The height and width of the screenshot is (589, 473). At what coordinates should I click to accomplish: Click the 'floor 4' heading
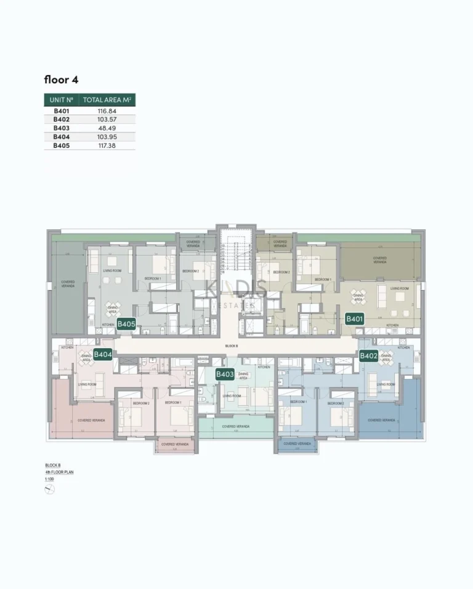[x=61, y=79]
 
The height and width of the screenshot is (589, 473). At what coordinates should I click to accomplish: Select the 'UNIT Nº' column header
[x=62, y=100]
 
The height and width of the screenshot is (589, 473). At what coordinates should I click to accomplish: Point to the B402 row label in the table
[x=61, y=120]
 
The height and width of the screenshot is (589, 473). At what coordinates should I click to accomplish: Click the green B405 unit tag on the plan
[x=126, y=323]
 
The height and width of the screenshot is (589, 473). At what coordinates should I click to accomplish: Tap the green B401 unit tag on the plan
[x=354, y=319]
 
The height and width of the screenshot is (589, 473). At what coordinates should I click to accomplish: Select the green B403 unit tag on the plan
[x=225, y=374]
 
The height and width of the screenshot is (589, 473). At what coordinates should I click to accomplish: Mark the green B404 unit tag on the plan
[x=102, y=354]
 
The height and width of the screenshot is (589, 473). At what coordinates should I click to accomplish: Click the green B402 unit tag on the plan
[x=368, y=355]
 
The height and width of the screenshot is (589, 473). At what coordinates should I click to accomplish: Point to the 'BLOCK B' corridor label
[x=232, y=347]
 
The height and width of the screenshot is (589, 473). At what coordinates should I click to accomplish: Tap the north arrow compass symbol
[x=50, y=489]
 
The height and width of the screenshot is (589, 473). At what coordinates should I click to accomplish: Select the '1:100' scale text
[x=50, y=479]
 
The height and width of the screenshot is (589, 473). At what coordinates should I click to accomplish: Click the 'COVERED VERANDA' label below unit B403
[x=236, y=426]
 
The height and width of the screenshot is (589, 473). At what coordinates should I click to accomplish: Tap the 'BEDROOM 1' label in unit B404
[x=172, y=402]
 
